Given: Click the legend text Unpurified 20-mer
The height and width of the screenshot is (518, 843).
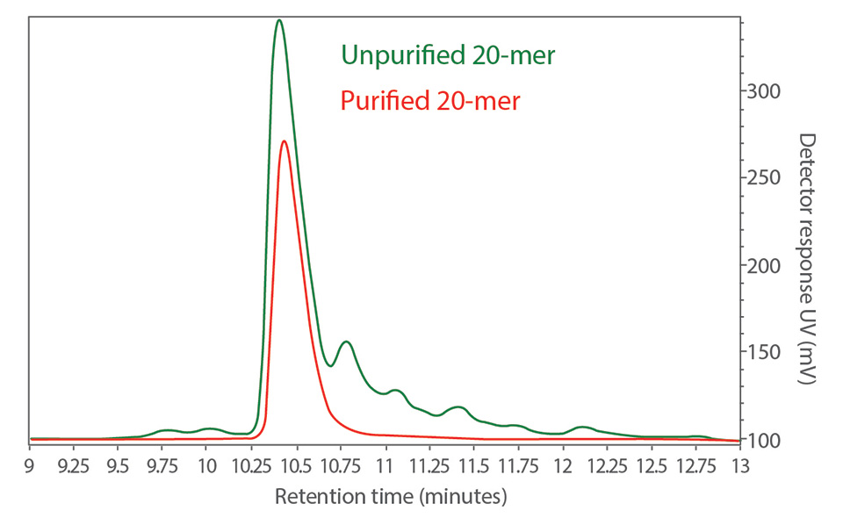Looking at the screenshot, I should (x=448, y=56).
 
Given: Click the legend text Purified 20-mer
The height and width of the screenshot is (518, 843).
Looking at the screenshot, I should (x=430, y=101).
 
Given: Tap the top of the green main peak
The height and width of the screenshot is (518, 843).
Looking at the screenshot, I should (x=279, y=20).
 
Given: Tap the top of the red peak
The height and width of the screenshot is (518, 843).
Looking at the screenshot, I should (x=285, y=140).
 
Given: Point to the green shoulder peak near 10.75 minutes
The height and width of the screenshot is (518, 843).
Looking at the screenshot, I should (x=347, y=342).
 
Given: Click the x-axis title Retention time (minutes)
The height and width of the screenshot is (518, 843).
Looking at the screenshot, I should (x=392, y=497).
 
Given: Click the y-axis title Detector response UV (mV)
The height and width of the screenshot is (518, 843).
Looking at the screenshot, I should (x=807, y=259).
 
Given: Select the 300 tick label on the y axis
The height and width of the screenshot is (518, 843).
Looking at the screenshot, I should (x=763, y=91).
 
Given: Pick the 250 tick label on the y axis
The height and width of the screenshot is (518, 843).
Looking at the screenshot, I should (x=763, y=178).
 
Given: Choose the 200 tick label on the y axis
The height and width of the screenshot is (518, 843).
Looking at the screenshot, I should (x=763, y=265).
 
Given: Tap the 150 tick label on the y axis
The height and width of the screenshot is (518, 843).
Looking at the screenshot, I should (x=763, y=352).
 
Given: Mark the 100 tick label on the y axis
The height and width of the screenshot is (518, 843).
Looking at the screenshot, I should (x=763, y=439).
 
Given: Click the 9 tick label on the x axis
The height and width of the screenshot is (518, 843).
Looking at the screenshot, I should (x=30, y=465).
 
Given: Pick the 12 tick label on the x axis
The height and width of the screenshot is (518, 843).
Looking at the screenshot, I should (x=563, y=465).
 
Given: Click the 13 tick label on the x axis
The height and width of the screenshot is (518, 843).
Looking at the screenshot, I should (x=740, y=465).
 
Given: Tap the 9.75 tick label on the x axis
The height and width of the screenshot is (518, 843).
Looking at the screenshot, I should (x=162, y=465).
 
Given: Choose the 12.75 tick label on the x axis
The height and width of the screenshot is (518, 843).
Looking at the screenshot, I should (x=696, y=465).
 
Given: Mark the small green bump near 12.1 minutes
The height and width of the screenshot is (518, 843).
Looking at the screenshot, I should (x=582, y=428).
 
